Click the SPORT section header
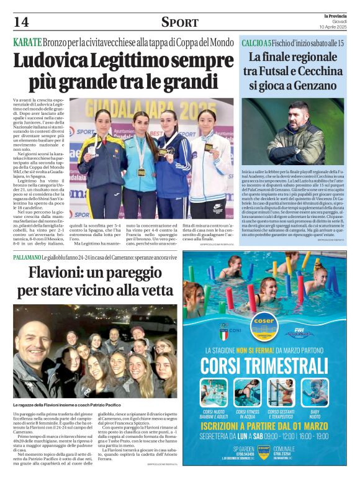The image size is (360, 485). click(x=179, y=22)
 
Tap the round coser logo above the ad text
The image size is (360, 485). click(x=264, y=323)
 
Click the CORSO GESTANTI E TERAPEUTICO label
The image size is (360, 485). click(x=283, y=414)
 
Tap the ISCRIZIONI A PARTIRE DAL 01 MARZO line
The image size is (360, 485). click(x=269, y=427)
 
